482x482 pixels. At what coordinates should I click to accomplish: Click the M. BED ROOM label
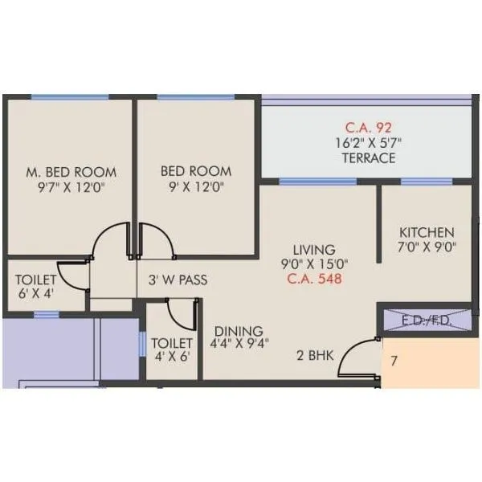pos(71,172)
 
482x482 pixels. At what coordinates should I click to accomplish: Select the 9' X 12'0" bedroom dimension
pos(196,188)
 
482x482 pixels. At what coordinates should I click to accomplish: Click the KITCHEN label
pos(427,232)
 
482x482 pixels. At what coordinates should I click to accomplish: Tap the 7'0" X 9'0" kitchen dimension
pos(427,248)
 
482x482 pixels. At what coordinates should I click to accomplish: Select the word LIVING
pos(313,250)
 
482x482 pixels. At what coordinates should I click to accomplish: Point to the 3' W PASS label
pos(178,280)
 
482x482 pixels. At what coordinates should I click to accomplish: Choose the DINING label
pos(239,331)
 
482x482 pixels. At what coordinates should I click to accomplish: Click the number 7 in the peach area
pos(394,361)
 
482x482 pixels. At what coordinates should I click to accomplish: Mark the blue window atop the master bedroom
pos(70,97)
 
